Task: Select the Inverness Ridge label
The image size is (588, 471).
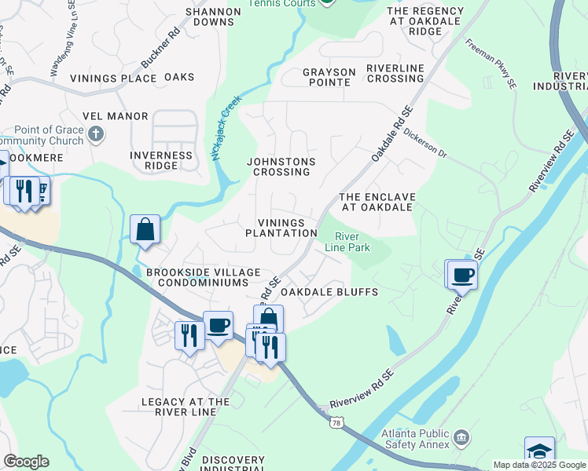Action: (161, 161)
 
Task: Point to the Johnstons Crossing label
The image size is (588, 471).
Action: (281, 167)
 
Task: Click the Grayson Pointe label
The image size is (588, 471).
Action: (329, 77)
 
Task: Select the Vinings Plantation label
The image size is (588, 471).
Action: (281, 228)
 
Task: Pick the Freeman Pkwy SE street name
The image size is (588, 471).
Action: (490, 62)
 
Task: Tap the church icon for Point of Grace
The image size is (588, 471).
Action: (96, 133)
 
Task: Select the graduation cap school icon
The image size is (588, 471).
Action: (539, 451)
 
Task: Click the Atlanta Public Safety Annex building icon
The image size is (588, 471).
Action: (461, 436)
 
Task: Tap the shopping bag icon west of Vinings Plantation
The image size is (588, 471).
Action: (145, 230)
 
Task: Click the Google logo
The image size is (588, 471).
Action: (26, 462)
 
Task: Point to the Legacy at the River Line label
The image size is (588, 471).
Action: (186, 407)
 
